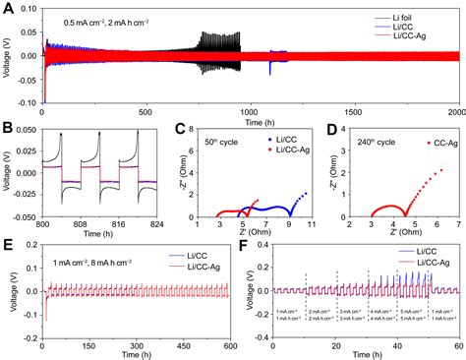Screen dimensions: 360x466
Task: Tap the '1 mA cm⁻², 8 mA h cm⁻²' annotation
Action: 83,263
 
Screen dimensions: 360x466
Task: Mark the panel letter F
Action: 245,246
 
